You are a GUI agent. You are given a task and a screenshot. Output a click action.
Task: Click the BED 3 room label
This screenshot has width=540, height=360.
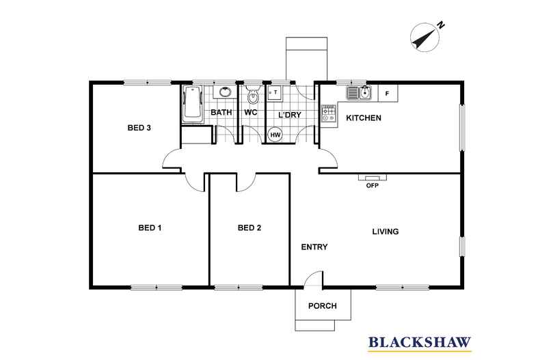tap(139, 128)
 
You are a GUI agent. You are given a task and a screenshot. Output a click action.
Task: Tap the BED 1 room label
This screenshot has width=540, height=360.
tap(150, 227)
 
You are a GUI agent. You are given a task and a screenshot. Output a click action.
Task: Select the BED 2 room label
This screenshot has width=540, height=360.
tap(249, 227)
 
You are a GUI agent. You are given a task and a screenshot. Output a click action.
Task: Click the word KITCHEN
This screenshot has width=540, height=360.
tap(364, 117)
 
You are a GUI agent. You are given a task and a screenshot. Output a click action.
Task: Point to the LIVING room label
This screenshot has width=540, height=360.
tap(386, 232)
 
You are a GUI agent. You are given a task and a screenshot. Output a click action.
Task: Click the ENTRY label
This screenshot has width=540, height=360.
tap(314, 247)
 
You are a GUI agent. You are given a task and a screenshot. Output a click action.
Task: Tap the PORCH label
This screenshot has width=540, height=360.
tap(323, 305)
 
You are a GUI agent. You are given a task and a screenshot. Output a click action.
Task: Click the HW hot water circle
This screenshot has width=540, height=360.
tap(275, 135)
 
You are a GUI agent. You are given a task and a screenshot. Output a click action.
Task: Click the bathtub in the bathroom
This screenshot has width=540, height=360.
tap(193, 104)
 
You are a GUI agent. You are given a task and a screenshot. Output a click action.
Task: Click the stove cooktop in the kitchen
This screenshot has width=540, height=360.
tap(329, 113)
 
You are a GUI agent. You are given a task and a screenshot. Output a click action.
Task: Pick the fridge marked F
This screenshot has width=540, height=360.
tap(388, 94)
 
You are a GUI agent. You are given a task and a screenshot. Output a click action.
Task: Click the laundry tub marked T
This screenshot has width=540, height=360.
tap(275, 93)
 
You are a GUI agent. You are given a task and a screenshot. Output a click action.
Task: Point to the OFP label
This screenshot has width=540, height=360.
tap(373, 185)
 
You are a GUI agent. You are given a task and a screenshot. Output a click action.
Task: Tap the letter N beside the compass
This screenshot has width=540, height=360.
tap(441, 25)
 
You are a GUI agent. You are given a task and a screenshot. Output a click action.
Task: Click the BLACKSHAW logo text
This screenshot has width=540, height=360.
tap(420, 342)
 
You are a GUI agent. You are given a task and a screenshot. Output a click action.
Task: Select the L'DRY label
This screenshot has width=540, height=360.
tap(290, 115)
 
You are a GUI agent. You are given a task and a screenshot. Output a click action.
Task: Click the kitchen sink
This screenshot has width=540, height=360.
tap(359, 93)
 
